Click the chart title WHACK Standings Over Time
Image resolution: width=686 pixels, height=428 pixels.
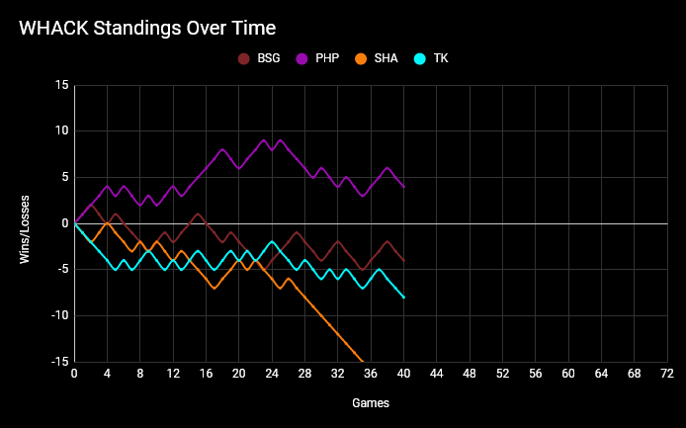click(x=147, y=28)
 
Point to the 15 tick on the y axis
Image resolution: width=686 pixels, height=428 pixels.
click(x=61, y=85)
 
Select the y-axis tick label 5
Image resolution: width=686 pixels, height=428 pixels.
click(x=64, y=177)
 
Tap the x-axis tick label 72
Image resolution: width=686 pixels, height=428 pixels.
click(x=667, y=374)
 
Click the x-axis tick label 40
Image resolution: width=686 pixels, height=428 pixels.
click(x=403, y=374)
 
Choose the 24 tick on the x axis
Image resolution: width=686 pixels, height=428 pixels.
click(x=272, y=374)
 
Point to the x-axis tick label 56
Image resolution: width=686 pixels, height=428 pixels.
click(x=535, y=374)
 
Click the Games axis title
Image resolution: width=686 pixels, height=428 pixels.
click(x=371, y=403)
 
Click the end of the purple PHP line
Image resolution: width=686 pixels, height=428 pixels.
click(x=403, y=187)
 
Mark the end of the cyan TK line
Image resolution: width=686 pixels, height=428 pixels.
click(x=403, y=298)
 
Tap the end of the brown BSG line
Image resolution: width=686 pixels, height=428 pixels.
click(x=403, y=260)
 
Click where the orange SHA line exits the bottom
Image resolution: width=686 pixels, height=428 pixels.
click(x=363, y=361)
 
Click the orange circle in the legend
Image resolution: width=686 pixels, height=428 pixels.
click(x=361, y=58)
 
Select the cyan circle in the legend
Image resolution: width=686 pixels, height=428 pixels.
click(x=419, y=58)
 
